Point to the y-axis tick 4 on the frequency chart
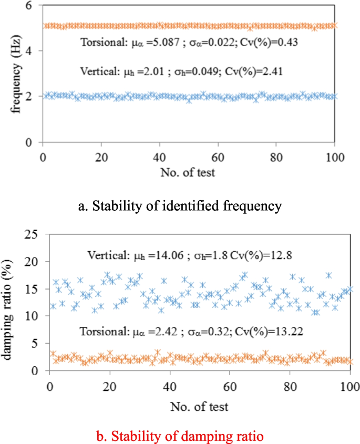pos(31,51)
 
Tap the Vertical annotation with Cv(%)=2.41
pos(182,71)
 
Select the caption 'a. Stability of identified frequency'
pos(180,205)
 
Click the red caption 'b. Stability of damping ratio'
pos(180,436)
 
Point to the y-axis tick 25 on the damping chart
pos(33,234)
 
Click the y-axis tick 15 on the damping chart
pos(33,289)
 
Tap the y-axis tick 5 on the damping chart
pos(36,344)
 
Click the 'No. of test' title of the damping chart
pos(199,406)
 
